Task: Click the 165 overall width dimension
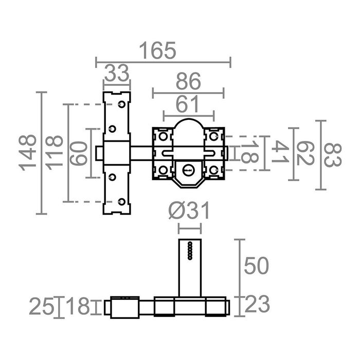158,51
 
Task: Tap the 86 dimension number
188,81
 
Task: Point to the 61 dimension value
188,104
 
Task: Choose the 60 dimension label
79,153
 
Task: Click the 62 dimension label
305,154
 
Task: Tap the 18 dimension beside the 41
249,153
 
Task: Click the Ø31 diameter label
189,211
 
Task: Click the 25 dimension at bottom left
41,307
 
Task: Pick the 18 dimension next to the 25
78,307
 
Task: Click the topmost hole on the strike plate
121,104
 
